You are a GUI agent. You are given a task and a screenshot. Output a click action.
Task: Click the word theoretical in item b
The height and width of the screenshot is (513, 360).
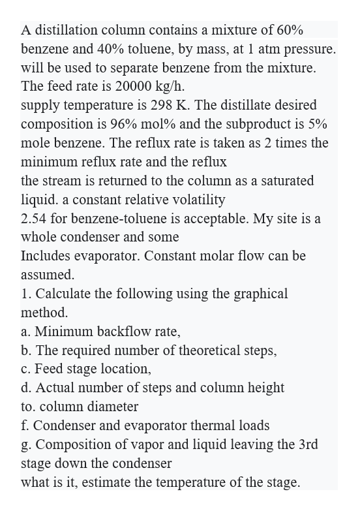pos(205,350)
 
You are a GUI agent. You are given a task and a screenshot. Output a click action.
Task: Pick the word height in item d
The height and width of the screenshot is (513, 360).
pos(265,388)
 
